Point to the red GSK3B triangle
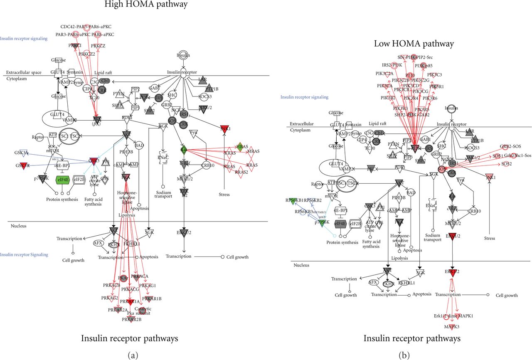[x=23, y=165]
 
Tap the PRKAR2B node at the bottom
[x=131, y=319]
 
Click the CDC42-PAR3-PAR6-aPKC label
[x=84, y=26]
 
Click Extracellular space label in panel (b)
[x=301, y=124]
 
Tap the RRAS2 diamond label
[x=241, y=172]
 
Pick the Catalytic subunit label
[x=143, y=311]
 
